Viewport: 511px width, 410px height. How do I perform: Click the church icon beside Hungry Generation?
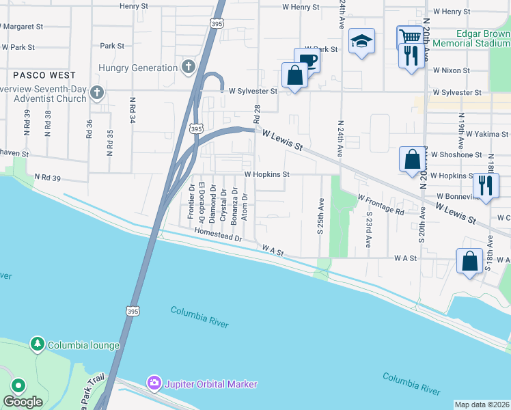pyautogui.click(x=189, y=68)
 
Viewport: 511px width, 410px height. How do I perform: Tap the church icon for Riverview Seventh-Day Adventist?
pyautogui.click(x=97, y=92)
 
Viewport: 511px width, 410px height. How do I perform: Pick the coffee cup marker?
pyautogui.click(x=307, y=60)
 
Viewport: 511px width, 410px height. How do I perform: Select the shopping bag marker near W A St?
pyautogui.click(x=470, y=261)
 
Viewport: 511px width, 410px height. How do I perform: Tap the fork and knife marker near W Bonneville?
pyautogui.click(x=486, y=184)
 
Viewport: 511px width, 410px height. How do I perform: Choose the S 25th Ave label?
pyautogui.click(x=319, y=214)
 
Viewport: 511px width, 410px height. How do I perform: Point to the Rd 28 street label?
pyautogui.click(x=258, y=115)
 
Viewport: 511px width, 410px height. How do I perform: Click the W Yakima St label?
pyautogui.click(x=486, y=134)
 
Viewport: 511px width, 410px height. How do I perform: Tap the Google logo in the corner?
pyautogui.click(x=23, y=401)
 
